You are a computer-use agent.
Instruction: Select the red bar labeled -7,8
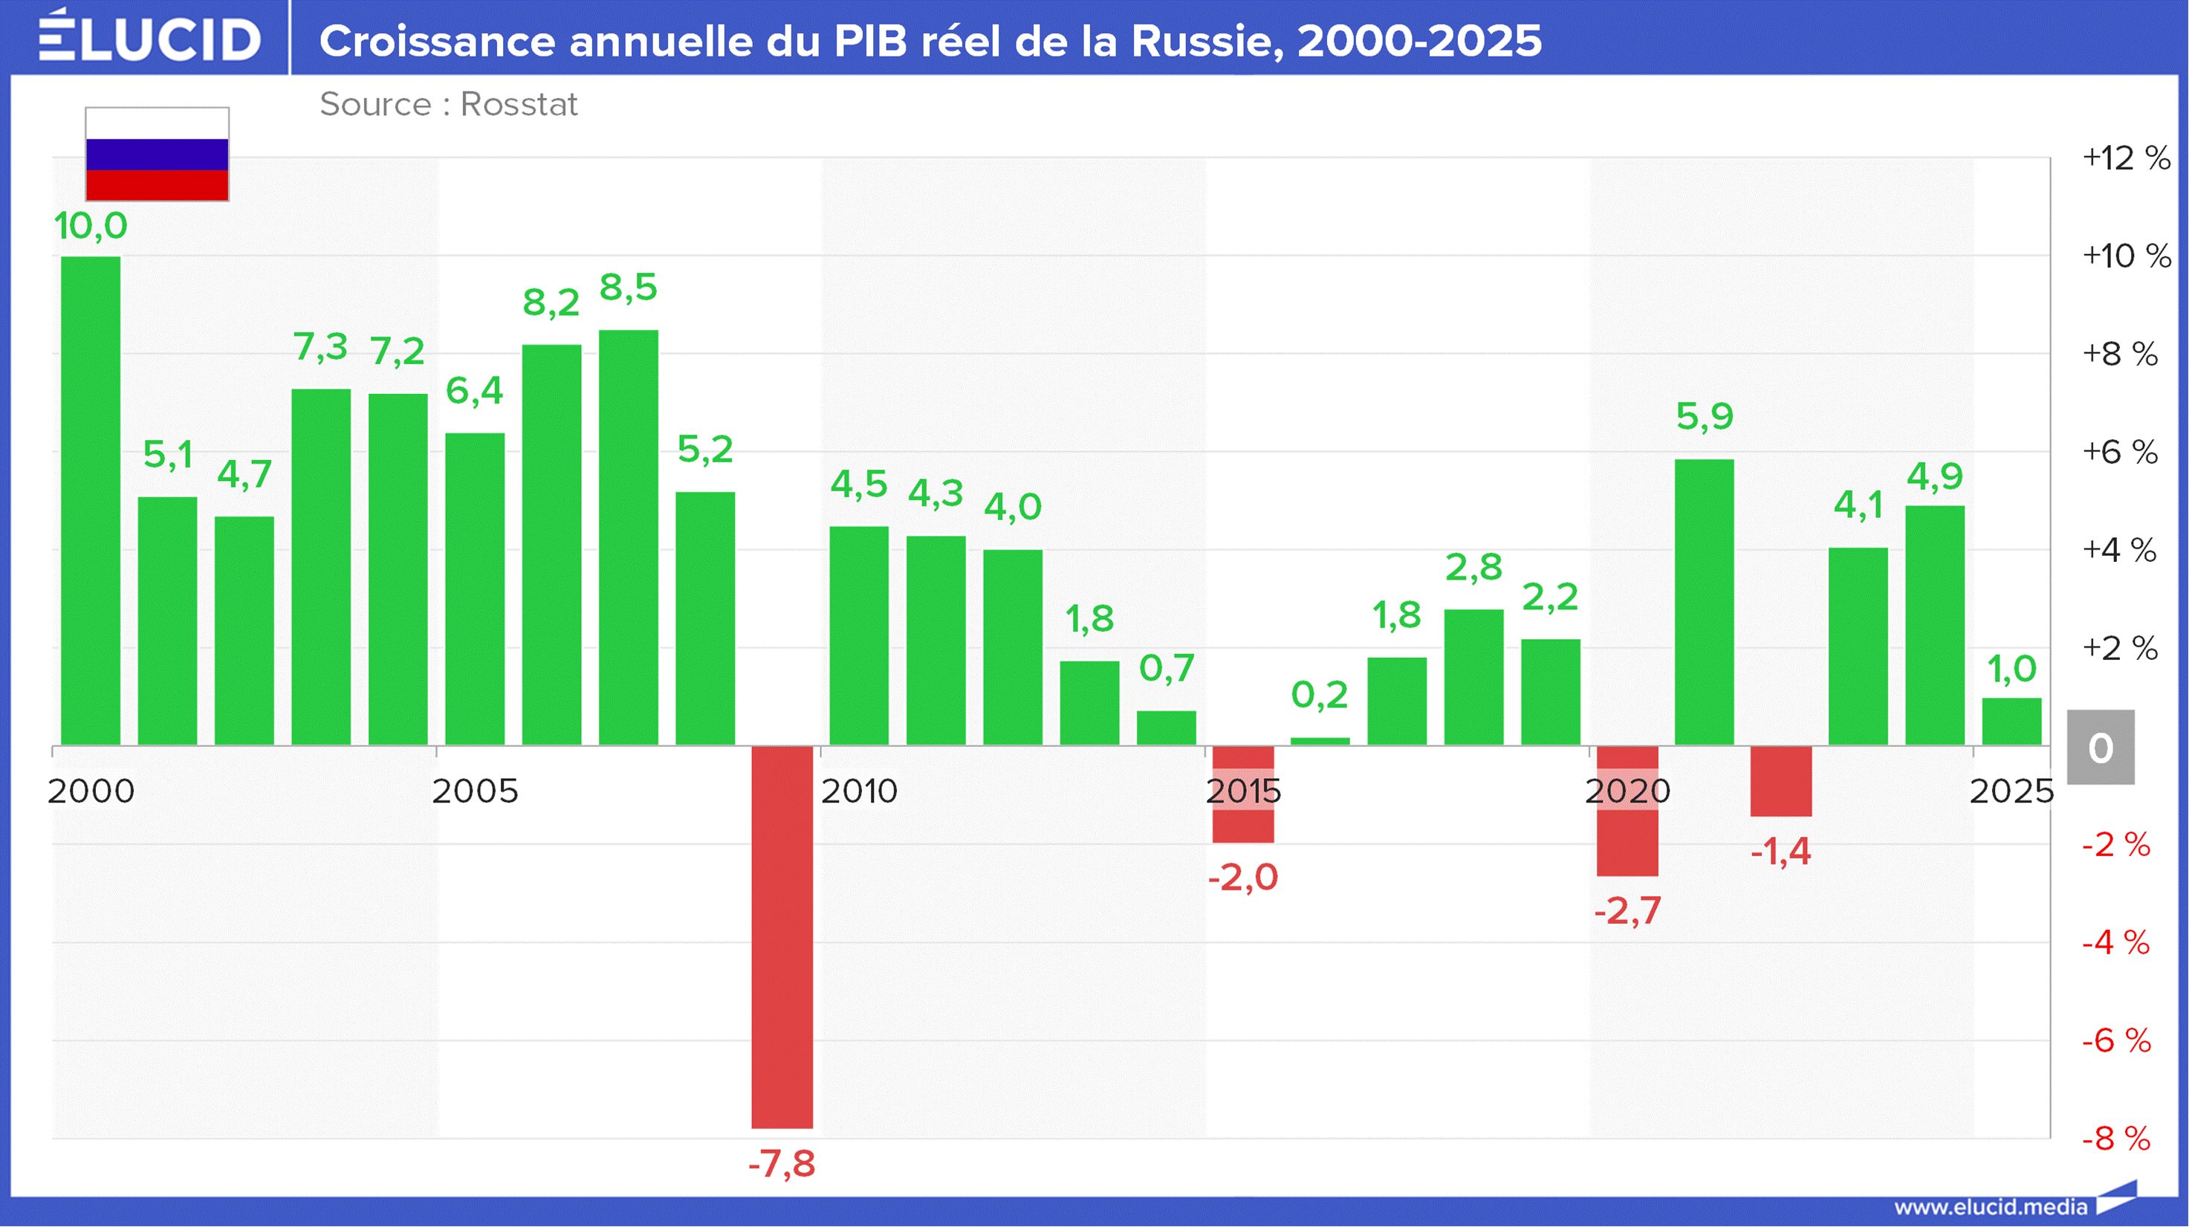coord(782,937)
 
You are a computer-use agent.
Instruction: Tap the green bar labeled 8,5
coord(629,538)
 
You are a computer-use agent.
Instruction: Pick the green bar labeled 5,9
coord(1705,603)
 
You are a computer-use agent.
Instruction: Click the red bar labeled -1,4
coord(1781,781)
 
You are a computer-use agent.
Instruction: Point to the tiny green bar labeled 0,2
coord(1320,742)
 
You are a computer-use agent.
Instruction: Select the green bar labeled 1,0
coord(2012,722)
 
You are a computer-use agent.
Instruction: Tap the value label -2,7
coord(1627,911)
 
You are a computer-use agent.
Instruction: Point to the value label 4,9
coord(1935,476)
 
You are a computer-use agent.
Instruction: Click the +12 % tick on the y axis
coord(2126,158)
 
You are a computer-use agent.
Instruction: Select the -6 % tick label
coord(2116,1041)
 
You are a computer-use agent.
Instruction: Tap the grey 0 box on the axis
coord(2101,748)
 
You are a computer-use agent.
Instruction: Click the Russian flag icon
coord(158,154)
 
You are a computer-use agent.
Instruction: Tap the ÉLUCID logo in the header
coord(149,36)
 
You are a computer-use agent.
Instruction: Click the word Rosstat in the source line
coord(519,105)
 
